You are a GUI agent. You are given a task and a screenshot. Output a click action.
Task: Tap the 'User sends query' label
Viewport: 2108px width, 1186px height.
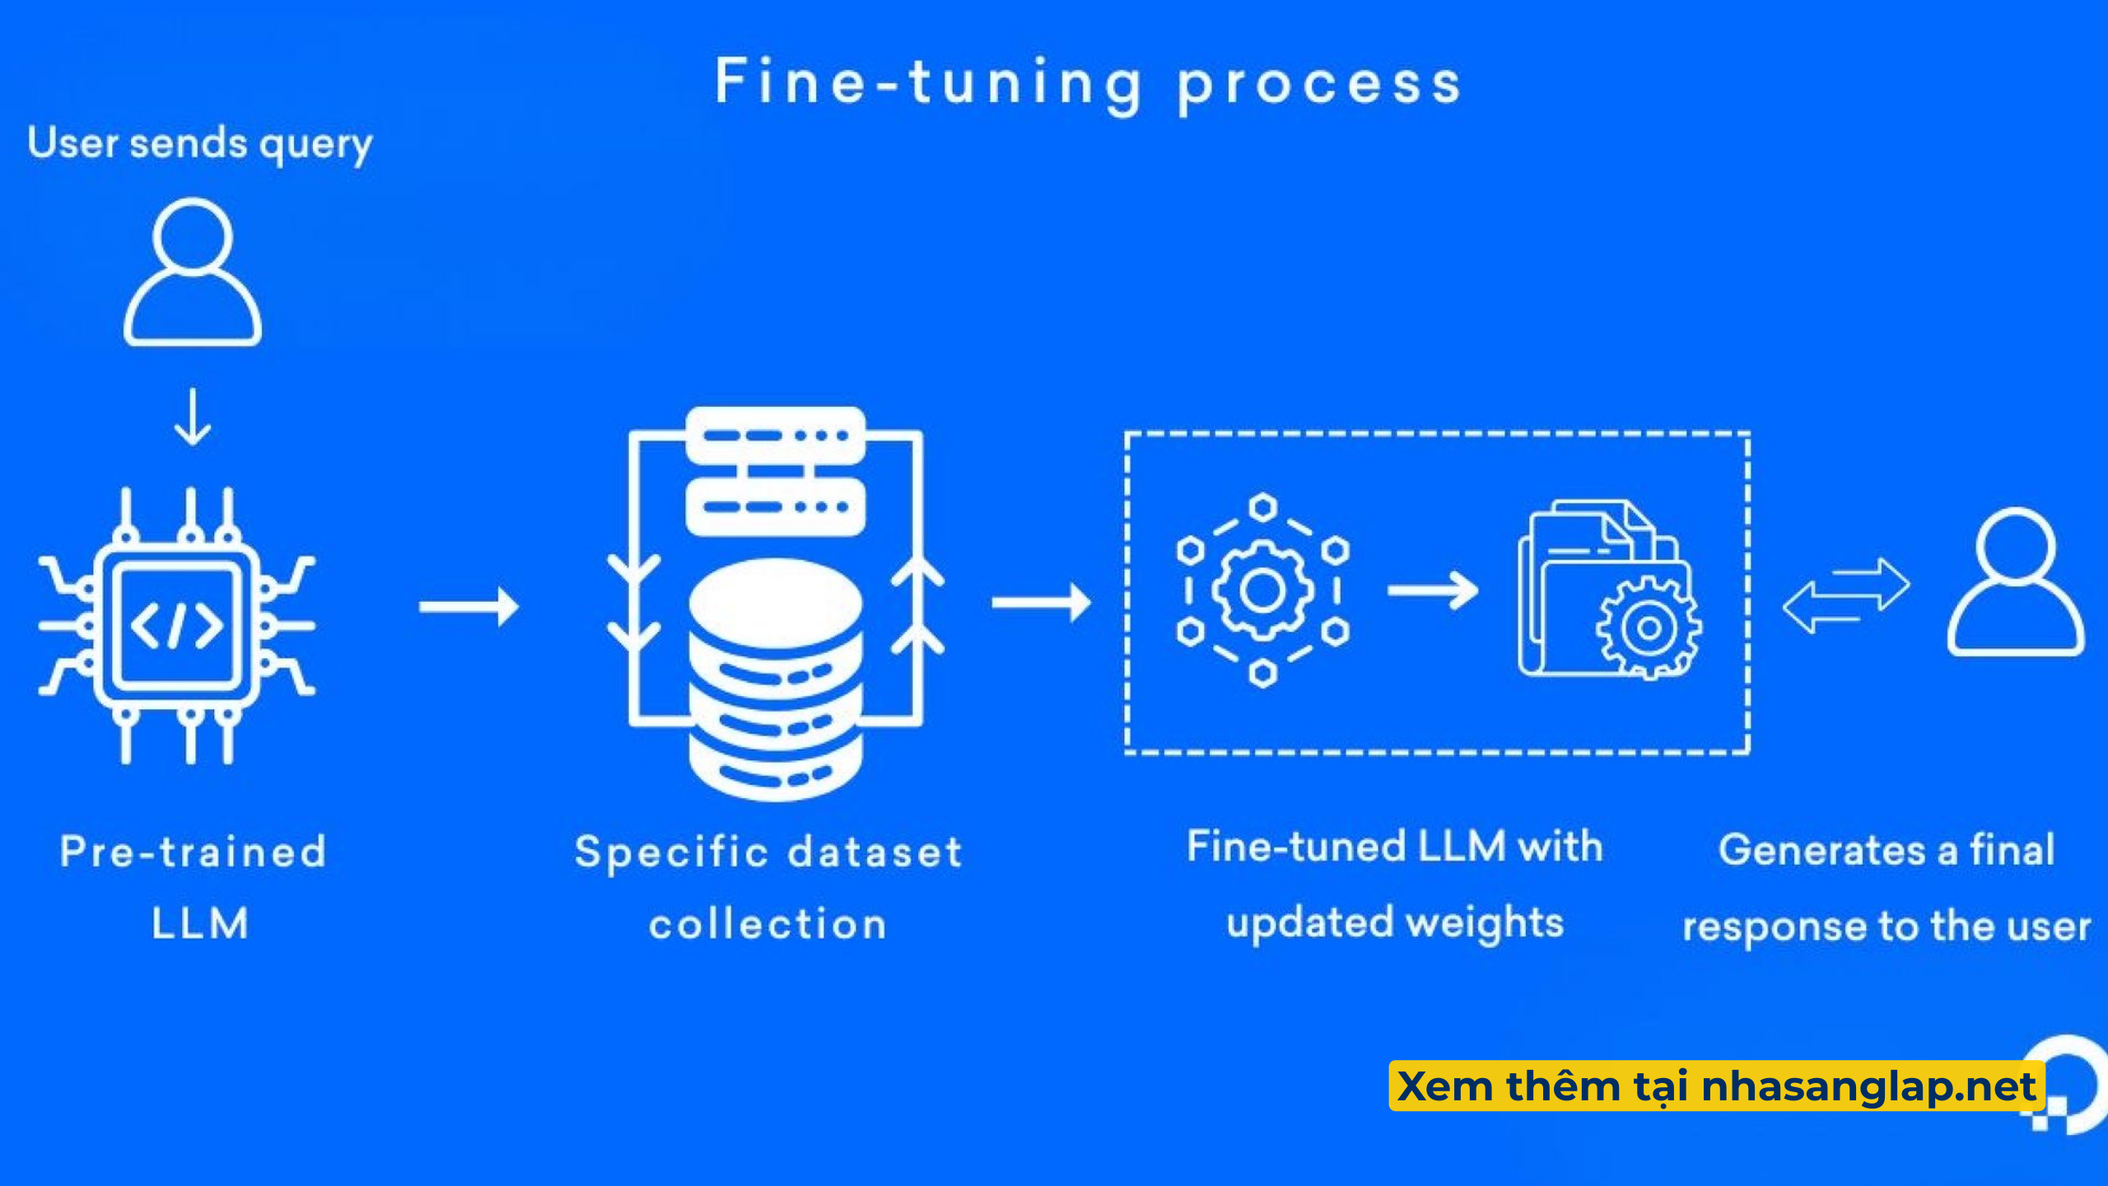[x=199, y=143]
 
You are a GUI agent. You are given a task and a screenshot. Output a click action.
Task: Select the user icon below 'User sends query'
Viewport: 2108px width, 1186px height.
[x=193, y=272]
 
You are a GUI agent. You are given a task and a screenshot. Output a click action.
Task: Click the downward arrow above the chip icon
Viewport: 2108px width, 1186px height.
[x=193, y=418]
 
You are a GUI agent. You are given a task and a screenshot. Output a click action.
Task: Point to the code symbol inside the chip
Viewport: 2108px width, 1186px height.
[x=177, y=626]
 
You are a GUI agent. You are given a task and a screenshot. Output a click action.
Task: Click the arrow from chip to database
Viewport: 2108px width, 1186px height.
[x=469, y=607]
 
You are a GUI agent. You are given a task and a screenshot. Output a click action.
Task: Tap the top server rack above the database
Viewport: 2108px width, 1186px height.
[x=775, y=436]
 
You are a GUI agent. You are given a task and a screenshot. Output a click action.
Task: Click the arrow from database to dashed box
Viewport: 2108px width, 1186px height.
[x=1041, y=602]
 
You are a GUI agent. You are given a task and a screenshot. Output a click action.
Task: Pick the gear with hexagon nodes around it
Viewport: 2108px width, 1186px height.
[x=1262, y=590]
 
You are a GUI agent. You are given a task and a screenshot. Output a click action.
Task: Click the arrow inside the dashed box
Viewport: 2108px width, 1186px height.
[x=1432, y=591]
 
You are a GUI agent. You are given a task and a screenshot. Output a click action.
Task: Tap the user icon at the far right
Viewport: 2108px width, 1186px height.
[x=2015, y=582]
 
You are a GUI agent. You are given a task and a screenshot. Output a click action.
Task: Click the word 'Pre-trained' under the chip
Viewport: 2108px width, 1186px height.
[x=193, y=852]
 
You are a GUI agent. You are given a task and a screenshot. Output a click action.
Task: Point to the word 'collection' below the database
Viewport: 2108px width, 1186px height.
[x=767, y=924]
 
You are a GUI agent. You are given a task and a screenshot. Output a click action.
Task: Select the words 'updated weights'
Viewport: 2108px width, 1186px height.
[x=1395, y=922]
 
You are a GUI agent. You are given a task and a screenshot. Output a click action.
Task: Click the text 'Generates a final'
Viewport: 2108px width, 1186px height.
[x=1886, y=850]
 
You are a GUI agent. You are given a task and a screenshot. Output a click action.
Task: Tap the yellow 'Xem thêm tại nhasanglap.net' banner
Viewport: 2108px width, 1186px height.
[x=1716, y=1086]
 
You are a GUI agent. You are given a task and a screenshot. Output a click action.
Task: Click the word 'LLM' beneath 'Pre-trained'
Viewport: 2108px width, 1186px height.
[x=199, y=923]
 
